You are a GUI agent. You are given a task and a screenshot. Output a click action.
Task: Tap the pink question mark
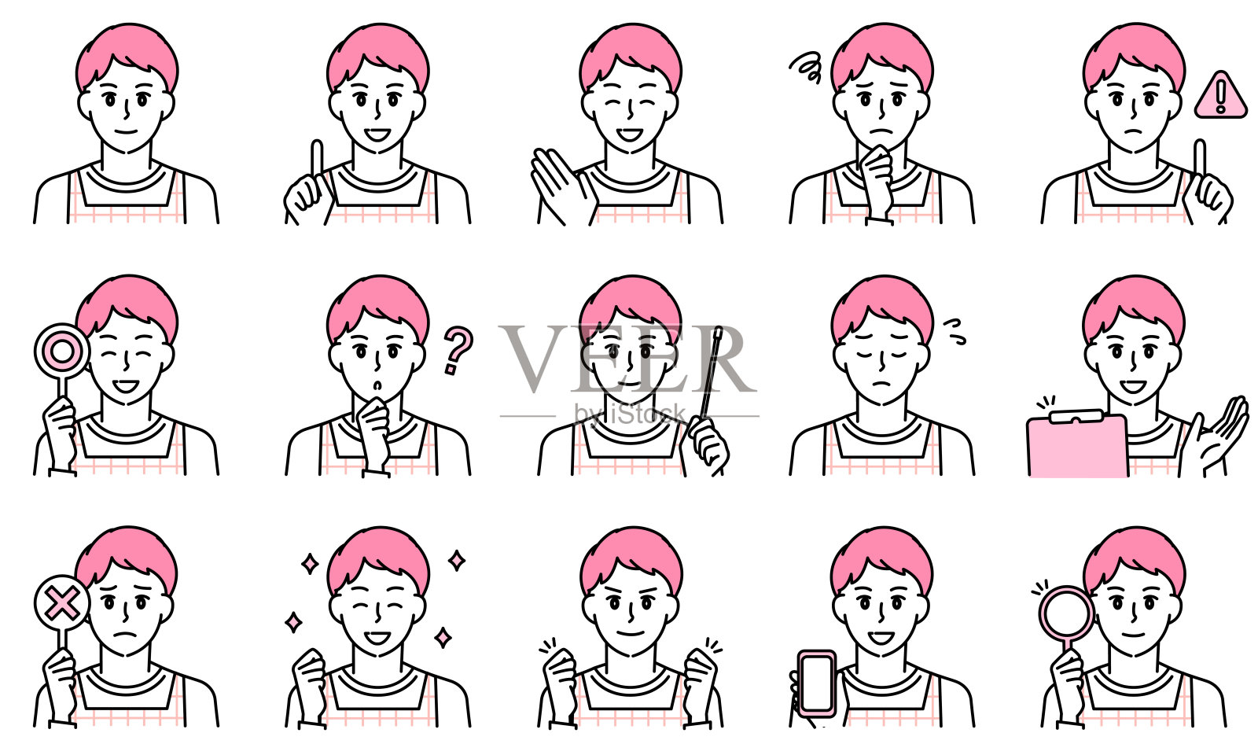[457, 349]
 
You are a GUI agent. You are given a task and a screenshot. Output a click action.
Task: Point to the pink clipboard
[1076, 447]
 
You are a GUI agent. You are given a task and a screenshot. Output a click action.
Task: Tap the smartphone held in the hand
[817, 683]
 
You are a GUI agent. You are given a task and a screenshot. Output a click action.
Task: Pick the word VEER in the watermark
[627, 359]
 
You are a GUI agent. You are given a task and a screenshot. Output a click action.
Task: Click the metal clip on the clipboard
[1076, 417]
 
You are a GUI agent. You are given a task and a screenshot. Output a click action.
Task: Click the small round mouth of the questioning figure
[378, 385]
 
